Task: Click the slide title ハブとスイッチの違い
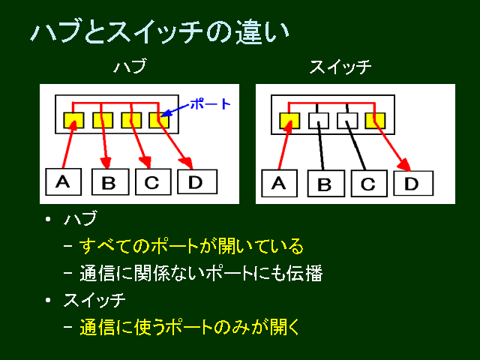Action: coord(160,31)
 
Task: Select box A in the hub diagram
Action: coord(63,181)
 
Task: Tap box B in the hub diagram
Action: coord(110,181)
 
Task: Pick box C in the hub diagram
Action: coord(153,181)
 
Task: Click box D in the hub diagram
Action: coord(197,181)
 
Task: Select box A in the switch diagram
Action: coord(279,183)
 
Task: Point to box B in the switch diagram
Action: coord(326,183)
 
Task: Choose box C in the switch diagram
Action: coord(369,183)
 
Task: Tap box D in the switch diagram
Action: coord(413,183)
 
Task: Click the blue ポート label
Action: coord(210,104)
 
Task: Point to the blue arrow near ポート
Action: coord(175,110)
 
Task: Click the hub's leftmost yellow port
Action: coord(73,120)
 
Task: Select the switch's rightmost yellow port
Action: coord(375,120)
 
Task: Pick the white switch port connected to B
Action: coord(319,120)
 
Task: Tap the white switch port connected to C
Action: coord(347,120)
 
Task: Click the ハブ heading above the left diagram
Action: coord(130,66)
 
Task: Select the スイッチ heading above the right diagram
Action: coord(340,67)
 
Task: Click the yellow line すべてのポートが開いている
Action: coord(192,246)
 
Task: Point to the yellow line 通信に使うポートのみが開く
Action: coord(190,327)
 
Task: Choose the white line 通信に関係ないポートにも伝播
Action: coord(201,273)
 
